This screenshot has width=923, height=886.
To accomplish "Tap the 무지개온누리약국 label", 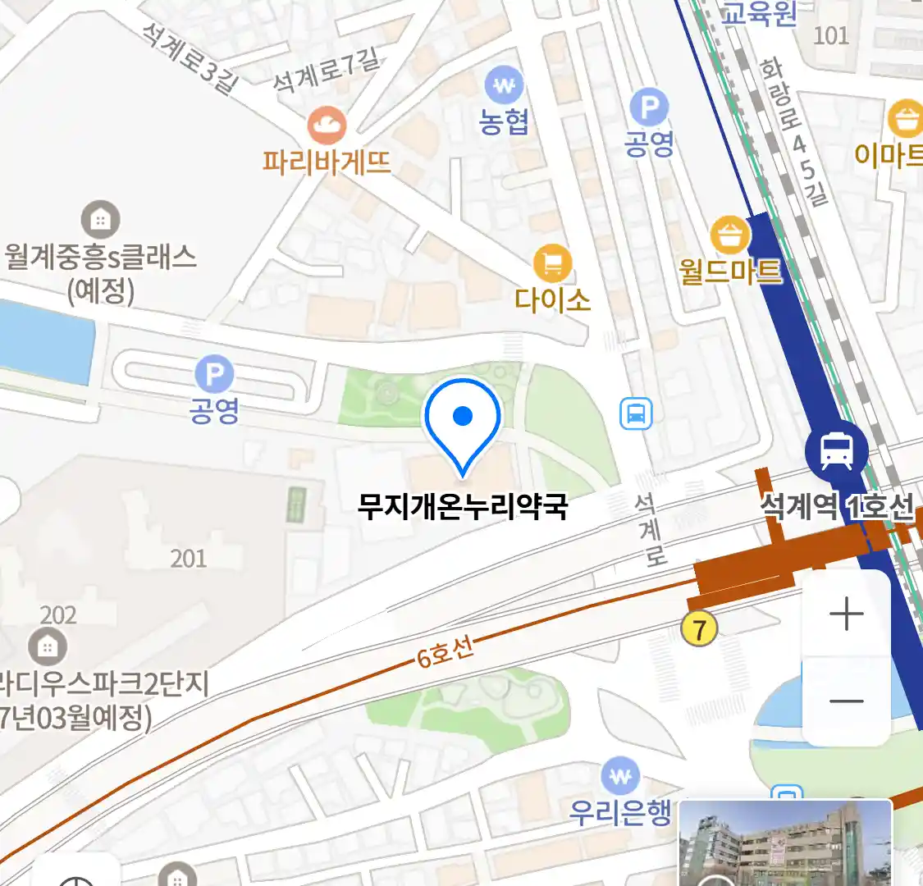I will pyautogui.click(x=463, y=506).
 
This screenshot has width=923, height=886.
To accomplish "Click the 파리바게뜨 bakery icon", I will pyautogui.click(x=327, y=126).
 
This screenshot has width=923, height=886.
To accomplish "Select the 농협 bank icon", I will pyautogui.click(x=504, y=85).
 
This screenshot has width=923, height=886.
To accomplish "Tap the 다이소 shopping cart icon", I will pyautogui.click(x=552, y=264).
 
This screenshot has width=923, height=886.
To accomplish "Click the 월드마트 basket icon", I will pyautogui.click(x=729, y=237).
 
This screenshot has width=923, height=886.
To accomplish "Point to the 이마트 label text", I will pyautogui.click(x=888, y=154).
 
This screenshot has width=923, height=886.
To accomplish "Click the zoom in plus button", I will pyautogui.click(x=846, y=614).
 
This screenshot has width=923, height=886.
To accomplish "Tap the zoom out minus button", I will pyautogui.click(x=846, y=701).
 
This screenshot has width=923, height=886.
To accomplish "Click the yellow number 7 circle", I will pyautogui.click(x=699, y=629).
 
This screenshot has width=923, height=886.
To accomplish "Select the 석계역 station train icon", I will pyautogui.click(x=836, y=450).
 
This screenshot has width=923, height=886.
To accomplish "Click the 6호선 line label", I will pyautogui.click(x=446, y=652).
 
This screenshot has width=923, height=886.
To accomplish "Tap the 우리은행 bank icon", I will pyautogui.click(x=620, y=776).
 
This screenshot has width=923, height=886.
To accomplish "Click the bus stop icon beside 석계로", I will pyautogui.click(x=636, y=414).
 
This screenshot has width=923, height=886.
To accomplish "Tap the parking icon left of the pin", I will pyautogui.click(x=214, y=376).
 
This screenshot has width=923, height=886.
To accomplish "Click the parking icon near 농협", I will pyautogui.click(x=649, y=107).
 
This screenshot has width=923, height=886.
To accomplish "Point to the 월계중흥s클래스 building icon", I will pyautogui.click(x=100, y=220).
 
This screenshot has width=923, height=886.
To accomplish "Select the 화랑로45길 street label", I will pyautogui.click(x=793, y=131).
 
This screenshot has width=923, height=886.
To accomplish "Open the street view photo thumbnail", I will pyautogui.click(x=784, y=843).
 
